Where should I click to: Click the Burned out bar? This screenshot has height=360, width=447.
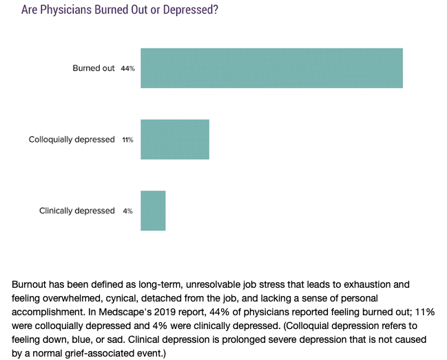click(x=271, y=68)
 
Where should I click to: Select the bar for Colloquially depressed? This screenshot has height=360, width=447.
click(x=175, y=139)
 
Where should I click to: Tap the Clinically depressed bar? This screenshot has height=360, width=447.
click(x=153, y=211)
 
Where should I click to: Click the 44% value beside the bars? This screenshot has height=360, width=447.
click(x=127, y=68)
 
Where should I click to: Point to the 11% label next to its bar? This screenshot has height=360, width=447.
click(x=127, y=140)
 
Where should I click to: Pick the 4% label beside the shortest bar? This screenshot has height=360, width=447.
click(x=127, y=211)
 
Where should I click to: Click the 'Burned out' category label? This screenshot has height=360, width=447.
click(x=94, y=68)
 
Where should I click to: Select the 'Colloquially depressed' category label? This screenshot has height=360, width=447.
click(x=72, y=140)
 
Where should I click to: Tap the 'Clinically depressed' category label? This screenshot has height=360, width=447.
click(x=77, y=211)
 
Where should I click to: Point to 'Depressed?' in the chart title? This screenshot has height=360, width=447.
click(x=191, y=10)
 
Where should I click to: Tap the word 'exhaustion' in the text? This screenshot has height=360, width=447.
click(x=366, y=284)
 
